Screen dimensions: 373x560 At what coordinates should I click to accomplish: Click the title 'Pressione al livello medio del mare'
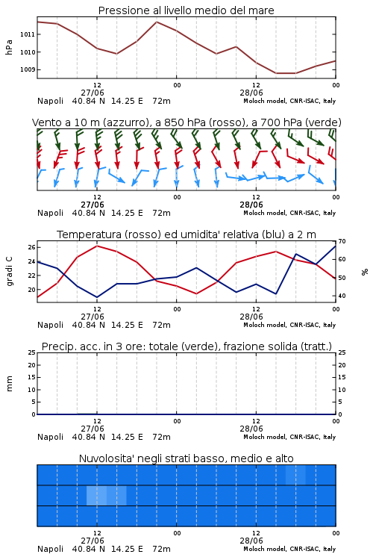click(x=186, y=10)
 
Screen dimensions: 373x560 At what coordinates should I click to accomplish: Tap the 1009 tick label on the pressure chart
click(x=28, y=69)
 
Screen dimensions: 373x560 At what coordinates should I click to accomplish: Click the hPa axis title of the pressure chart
click(x=9, y=47)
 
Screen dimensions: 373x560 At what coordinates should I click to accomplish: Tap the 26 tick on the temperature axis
click(x=31, y=247)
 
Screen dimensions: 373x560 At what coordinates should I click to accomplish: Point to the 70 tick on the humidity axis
click(x=342, y=241)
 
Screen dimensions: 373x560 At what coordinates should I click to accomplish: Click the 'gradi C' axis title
click(x=9, y=271)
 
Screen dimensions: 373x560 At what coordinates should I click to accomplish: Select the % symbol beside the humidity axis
click(x=365, y=272)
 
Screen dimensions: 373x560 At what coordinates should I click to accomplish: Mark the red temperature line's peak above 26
click(x=97, y=246)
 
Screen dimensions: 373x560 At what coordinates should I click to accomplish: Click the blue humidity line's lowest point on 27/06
click(x=97, y=297)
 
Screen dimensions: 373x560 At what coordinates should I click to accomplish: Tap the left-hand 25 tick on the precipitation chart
click(x=31, y=352)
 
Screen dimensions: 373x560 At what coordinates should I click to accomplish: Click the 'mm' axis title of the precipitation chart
click(x=9, y=383)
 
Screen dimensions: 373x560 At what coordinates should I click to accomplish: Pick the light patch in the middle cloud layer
click(x=107, y=495)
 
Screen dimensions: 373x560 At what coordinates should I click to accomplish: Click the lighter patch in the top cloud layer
click(x=295, y=475)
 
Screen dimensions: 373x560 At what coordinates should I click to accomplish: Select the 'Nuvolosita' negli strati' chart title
click(x=186, y=458)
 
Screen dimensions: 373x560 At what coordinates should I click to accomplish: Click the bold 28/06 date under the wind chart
click(x=251, y=205)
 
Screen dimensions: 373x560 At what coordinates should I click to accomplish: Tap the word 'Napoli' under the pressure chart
click(x=50, y=101)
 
